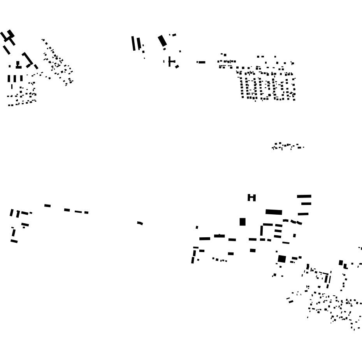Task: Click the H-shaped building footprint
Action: pos(252,198)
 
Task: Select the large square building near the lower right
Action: pos(282,259)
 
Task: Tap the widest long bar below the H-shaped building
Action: pos(274,212)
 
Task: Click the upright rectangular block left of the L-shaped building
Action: pos(243,222)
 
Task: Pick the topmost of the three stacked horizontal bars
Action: pos(304,196)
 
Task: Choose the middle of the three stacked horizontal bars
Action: pos(306,203)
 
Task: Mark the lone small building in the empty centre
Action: pos(140,223)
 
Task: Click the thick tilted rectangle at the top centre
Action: pos(162,41)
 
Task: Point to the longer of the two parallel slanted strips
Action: pos(134,43)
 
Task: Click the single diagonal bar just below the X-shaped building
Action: pos(7,50)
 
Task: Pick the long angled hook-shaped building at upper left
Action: pos(28,60)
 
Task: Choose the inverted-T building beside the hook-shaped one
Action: pos(18,65)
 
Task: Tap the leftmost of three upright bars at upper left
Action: pos(9,79)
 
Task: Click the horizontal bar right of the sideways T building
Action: pos(201,62)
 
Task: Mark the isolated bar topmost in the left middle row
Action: pos(47,205)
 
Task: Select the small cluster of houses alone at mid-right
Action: pos(287,146)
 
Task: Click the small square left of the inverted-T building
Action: pos(10,66)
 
